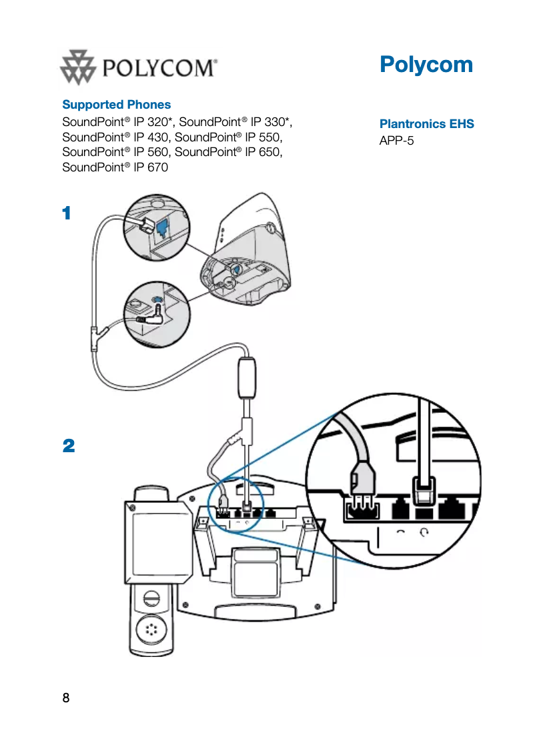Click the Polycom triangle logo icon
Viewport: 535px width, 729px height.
[79, 67]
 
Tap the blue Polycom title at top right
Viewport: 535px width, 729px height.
[426, 65]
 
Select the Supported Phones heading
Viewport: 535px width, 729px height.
[116, 105]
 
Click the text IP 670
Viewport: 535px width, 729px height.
[151, 167]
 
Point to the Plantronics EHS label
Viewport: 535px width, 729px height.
[426, 124]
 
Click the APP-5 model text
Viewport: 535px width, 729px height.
[397, 141]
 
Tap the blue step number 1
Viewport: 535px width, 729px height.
[66, 213]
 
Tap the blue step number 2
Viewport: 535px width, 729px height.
[68, 446]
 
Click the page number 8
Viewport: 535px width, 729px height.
[65, 698]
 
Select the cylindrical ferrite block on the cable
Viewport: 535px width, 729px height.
[247, 378]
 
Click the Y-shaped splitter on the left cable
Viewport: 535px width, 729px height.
[93, 334]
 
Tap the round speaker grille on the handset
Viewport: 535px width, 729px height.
[152, 629]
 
